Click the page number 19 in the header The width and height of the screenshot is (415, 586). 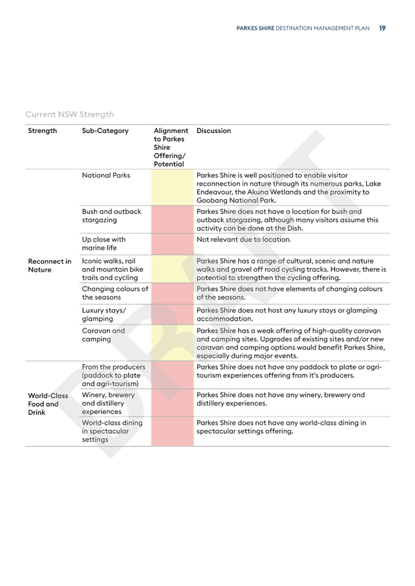pyautogui.click(x=382, y=28)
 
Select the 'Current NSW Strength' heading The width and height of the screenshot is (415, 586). pyautogui.click(x=69, y=114)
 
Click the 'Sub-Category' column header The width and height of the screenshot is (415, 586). pyautogui.click(x=105, y=130)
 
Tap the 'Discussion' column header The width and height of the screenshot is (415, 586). pyautogui.click(x=214, y=130)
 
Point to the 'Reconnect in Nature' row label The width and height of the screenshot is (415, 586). pyautogui.click(x=50, y=265)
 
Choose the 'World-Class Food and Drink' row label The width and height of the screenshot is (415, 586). pyautogui.click(x=48, y=404)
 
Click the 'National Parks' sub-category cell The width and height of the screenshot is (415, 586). pyautogui.click(x=106, y=175)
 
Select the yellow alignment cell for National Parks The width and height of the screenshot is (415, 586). pyautogui.click(x=172, y=187)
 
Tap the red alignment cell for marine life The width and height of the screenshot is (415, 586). pyautogui.click(x=172, y=244)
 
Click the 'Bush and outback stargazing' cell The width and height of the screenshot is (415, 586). pyautogui.click(x=111, y=216)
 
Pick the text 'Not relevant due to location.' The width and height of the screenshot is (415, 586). pyautogui.click(x=244, y=239)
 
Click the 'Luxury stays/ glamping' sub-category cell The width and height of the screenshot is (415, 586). pyautogui.click(x=104, y=314)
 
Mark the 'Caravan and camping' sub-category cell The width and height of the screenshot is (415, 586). pyautogui.click(x=104, y=335)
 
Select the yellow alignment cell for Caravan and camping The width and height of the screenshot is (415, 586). pyautogui.click(x=172, y=342)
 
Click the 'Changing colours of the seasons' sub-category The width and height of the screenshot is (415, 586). pyautogui.click(x=115, y=293)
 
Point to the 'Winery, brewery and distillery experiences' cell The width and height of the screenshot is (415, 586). pyautogui.click(x=108, y=404)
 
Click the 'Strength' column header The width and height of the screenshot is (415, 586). pyautogui.click(x=42, y=130)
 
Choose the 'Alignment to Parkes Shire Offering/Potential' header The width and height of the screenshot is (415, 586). pyautogui.click(x=171, y=147)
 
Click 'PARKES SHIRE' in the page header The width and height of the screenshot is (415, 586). pyautogui.click(x=255, y=28)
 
